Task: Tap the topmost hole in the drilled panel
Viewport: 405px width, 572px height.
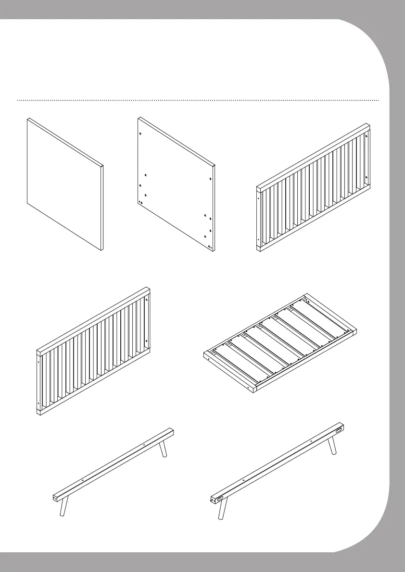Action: click(x=139, y=134)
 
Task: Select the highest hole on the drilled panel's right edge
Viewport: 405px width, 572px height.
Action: click(x=211, y=179)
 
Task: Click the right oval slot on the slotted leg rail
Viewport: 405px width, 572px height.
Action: click(x=340, y=429)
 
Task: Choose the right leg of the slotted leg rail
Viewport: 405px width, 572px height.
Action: click(x=332, y=446)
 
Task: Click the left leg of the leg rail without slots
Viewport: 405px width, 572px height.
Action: click(x=63, y=507)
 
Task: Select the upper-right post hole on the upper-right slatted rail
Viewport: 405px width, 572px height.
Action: click(x=367, y=136)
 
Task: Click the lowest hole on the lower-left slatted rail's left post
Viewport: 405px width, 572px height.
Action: click(x=38, y=402)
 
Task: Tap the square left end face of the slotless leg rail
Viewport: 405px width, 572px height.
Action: click(x=54, y=497)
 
